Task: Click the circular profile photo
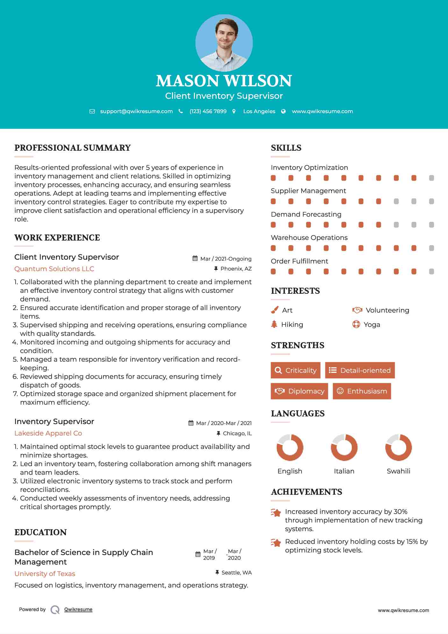224,43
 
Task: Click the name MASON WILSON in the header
224,81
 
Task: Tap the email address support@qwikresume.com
136,111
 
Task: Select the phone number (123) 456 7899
208,111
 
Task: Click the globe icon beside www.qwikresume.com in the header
283,111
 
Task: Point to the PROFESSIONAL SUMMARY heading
73,148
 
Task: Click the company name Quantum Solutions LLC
54,269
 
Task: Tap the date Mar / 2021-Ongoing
226,259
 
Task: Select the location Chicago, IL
237,433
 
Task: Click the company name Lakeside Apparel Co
48,433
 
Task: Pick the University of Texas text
45,574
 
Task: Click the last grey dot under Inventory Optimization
431,178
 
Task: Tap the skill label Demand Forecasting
306,214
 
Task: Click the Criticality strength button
295,370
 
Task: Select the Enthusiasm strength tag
362,391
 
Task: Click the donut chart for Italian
344,447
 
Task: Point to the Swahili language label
398,471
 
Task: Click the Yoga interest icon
356,324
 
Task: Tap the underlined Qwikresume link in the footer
78,609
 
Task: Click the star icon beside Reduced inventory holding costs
276,543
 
